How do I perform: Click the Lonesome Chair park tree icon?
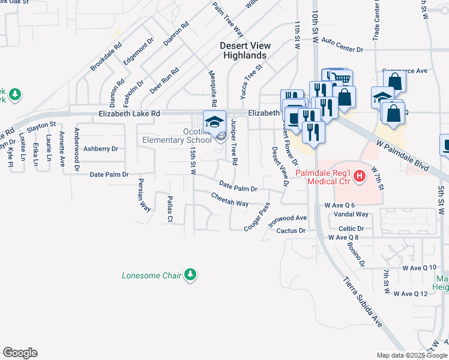[190, 275]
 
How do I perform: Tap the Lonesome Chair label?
[152, 276]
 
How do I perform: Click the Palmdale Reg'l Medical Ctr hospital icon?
[360, 176]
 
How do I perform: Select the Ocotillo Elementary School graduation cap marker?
[214, 121]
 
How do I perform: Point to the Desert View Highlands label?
[245, 50]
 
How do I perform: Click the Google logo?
[20, 353]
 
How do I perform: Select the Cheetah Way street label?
[229, 200]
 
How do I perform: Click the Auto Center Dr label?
[343, 45]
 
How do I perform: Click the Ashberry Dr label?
[101, 148]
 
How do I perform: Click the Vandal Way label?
[351, 214]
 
